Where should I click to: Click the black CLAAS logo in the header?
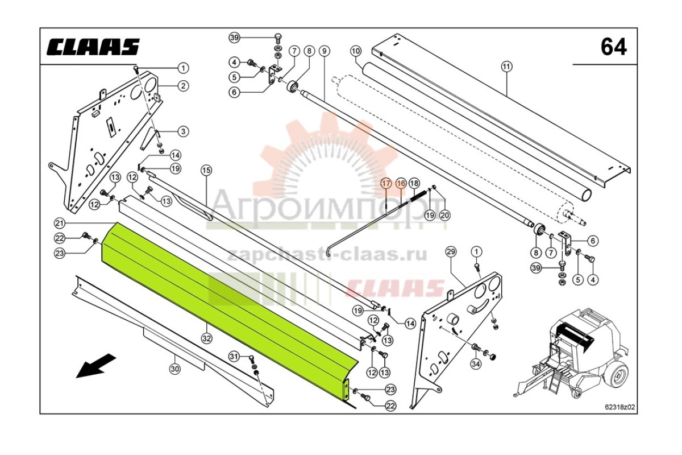point(93,47)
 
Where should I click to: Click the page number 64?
point(613,47)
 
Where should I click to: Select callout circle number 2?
point(183,86)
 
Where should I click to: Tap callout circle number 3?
point(183,131)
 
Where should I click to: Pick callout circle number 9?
point(325,51)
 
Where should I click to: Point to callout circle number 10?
point(356,51)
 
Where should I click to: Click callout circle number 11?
point(506,67)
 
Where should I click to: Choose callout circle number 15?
point(206,170)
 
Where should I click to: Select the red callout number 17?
point(386,184)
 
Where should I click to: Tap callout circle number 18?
point(414,183)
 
